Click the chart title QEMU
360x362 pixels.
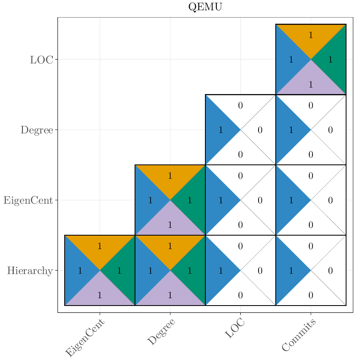[x=205, y=7]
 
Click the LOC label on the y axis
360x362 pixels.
[x=41, y=60]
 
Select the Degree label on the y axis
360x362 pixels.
[x=37, y=130]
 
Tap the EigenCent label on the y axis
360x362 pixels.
[x=28, y=200]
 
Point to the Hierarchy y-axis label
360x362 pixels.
[x=30, y=271]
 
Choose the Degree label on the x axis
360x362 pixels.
[x=161, y=332]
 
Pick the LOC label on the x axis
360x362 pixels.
[x=235, y=328]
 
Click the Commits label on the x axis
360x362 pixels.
[x=299, y=335]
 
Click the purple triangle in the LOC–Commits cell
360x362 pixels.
[x=311, y=83]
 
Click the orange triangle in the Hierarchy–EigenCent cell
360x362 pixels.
[x=100, y=247]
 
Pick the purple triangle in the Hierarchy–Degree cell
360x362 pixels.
[x=170, y=294]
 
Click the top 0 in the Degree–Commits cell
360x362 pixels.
[x=311, y=106]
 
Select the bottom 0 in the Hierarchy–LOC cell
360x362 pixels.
[x=241, y=295]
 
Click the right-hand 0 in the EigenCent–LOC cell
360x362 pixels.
[x=260, y=200]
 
